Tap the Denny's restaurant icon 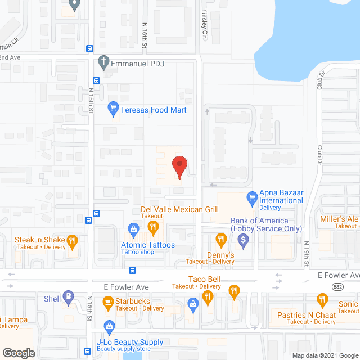(221, 240)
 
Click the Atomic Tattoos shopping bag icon (134, 228)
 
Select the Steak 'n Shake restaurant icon (72, 242)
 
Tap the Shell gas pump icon (69, 296)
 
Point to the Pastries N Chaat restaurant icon (322, 299)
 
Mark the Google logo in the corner (19, 353)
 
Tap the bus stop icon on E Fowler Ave (132, 270)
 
